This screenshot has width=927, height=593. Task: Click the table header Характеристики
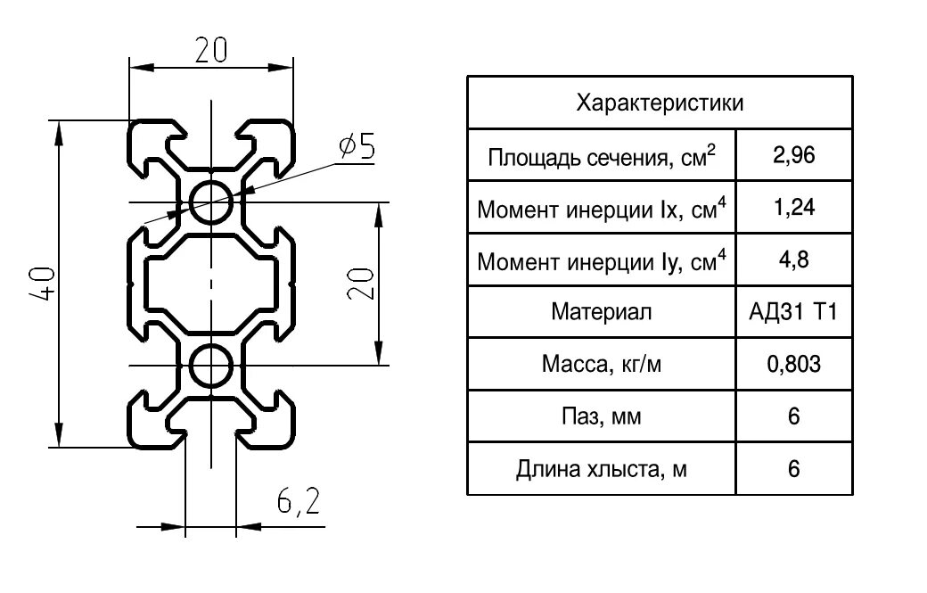[660, 103]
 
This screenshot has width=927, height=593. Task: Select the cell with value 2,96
[794, 156]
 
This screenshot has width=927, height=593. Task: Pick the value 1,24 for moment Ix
[794, 209]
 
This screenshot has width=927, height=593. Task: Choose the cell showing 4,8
[794, 260]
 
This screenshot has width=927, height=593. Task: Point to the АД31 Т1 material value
[794, 312]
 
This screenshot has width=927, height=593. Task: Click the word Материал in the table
[602, 312]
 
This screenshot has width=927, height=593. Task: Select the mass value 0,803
[794, 364]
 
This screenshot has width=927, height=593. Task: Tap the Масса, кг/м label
[602, 365]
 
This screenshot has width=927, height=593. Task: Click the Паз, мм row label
[602, 416]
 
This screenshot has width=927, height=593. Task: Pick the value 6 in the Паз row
[794, 416]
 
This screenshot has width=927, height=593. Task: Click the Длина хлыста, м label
[602, 469]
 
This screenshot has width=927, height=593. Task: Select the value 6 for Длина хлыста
[794, 469]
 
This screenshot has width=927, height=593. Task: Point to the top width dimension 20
[211, 51]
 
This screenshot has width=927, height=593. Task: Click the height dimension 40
[46, 284]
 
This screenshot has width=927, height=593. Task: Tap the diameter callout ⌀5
[357, 146]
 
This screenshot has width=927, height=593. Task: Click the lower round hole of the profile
[212, 364]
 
